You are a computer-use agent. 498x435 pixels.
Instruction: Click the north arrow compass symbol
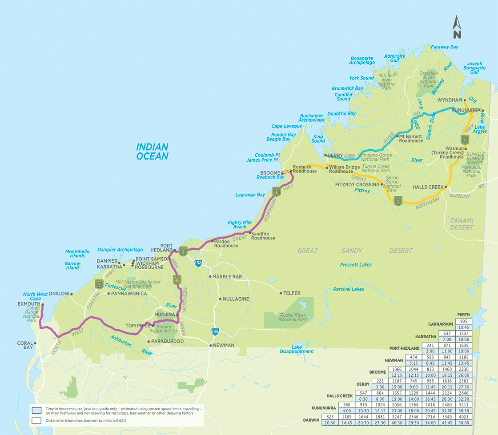pos(457,27)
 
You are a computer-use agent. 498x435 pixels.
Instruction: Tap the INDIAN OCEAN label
pos(152,152)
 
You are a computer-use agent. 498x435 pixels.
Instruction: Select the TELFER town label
pos(291,293)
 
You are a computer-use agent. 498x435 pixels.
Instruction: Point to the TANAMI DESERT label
pos(462,223)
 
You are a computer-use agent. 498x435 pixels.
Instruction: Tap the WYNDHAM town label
pos(450,100)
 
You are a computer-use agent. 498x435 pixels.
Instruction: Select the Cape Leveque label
pos(286,126)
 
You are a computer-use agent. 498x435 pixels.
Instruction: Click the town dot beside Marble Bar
pos(210,276)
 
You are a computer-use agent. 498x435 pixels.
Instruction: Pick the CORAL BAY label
pos(25,345)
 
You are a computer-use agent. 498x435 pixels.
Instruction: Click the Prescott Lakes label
pos(356,265)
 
